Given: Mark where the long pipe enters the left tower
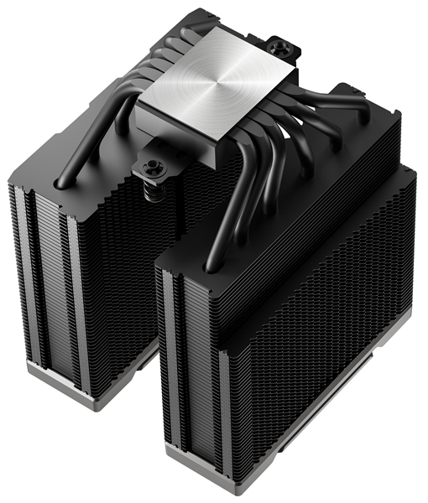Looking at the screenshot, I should click(x=60, y=178).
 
